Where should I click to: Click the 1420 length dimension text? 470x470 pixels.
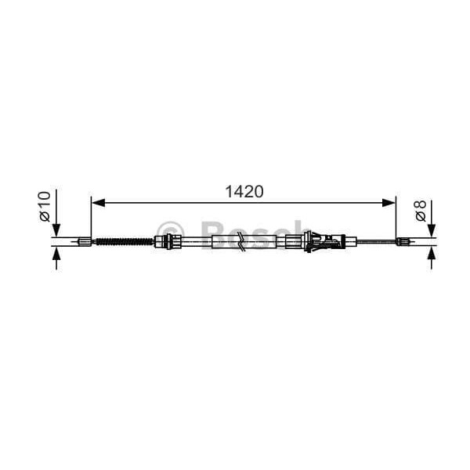(244, 191)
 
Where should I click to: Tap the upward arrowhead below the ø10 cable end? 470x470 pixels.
(56, 255)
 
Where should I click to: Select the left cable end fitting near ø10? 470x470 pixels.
(84, 241)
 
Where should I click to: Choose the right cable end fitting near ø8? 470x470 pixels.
(403, 241)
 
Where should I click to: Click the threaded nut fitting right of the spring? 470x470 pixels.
(164, 241)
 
